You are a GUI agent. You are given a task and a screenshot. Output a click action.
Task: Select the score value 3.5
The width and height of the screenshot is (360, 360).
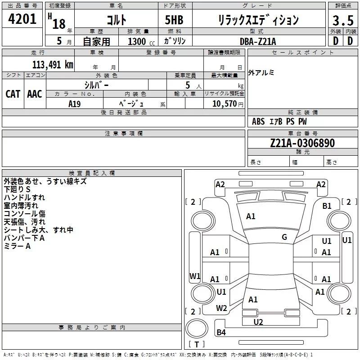click(x=342, y=21)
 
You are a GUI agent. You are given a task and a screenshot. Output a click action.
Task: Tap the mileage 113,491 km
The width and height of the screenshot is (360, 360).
click(x=53, y=64)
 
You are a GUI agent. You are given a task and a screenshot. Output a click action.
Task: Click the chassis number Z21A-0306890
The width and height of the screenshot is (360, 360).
click(x=302, y=144)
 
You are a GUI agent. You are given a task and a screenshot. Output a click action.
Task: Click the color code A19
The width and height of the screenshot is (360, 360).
click(x=75, y=103)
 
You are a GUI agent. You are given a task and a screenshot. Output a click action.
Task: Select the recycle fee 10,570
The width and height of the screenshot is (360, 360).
click(x=223, y=103)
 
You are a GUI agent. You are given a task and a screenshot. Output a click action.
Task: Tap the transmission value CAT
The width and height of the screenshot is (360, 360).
click(x=13, y=94)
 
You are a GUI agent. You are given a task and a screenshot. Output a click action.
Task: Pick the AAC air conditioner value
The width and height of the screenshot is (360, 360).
click(x=35, y=94)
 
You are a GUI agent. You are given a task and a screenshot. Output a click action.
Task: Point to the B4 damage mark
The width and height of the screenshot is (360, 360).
click(x=221, y=333)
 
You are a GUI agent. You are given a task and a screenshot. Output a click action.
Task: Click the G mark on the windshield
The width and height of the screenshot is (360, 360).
click(x=284, y=237)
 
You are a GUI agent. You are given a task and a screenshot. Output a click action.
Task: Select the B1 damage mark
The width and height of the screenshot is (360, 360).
click(x=327, y=206)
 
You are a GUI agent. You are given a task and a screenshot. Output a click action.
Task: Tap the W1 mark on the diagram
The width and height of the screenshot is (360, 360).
click(x=194, y=276)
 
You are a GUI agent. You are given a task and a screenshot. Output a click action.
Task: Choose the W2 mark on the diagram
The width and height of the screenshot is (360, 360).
click(x=221, y=308)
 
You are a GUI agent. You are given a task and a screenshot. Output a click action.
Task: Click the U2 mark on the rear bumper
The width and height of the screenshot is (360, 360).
click(x=258, y=322)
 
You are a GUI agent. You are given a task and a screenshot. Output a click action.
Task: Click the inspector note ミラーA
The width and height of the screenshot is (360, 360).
click(x=17, y=246)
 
